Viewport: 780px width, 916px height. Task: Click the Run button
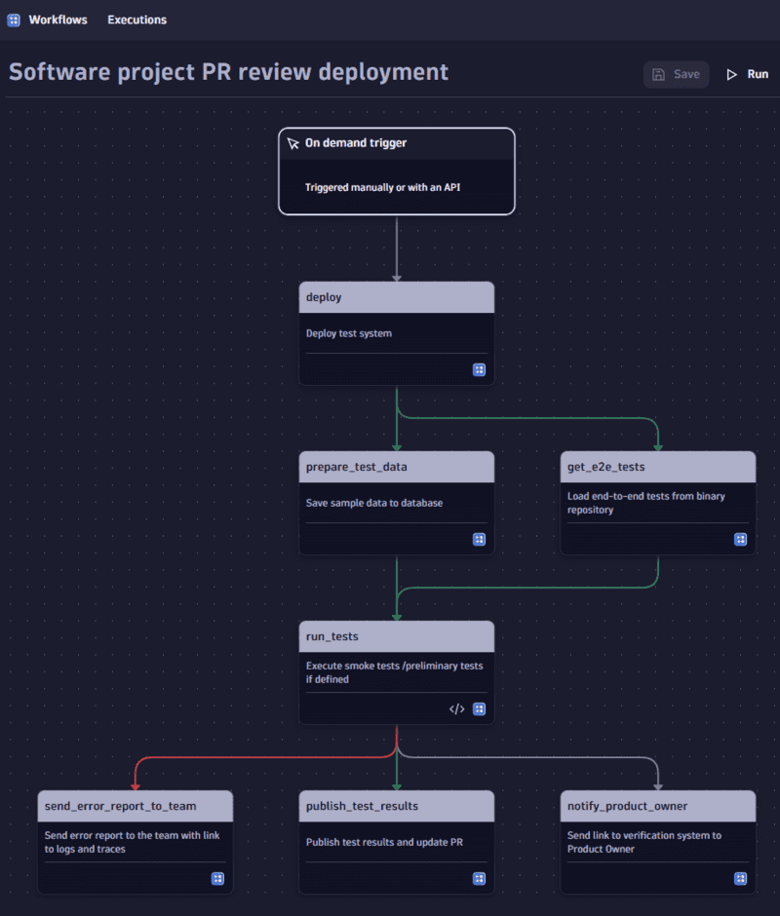748,74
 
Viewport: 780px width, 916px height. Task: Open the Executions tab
136,19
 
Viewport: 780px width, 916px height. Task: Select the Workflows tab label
58,19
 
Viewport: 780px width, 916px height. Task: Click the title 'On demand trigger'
356,142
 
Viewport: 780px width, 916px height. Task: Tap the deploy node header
396,297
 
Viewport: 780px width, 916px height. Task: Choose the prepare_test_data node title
357,467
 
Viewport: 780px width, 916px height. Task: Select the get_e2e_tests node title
606,467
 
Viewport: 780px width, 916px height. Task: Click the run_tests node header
396,636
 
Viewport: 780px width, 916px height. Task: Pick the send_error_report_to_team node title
121,806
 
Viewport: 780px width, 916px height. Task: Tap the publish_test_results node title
363,806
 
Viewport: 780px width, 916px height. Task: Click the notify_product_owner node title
628,806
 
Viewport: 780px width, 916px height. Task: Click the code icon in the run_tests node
456,708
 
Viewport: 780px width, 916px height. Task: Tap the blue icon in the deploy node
479,369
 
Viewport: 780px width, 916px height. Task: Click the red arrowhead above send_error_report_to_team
135,784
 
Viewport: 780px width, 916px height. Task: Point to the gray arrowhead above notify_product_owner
657,784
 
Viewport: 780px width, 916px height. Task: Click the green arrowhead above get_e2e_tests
657,445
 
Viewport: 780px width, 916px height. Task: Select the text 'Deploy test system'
349,333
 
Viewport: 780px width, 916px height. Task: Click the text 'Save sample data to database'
374,503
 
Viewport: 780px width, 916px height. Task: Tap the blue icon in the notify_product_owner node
740,878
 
